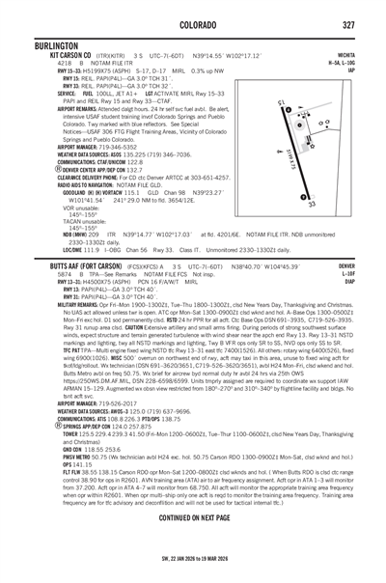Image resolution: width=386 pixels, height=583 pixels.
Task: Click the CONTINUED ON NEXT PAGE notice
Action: click(194, 543)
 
